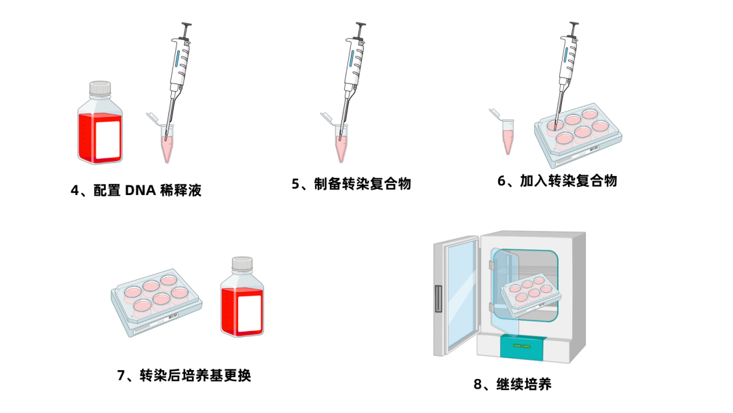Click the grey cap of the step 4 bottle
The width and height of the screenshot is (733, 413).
pos(100,88)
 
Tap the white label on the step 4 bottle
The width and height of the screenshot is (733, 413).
pos(108,139)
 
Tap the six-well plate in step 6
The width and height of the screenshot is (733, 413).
pos(578,134)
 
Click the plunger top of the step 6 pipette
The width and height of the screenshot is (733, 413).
pos(573,24)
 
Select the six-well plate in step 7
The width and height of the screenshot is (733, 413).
pos(157,302)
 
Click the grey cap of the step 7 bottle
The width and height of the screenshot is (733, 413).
pos(242,264)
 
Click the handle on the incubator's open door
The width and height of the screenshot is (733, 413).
pos(438,298)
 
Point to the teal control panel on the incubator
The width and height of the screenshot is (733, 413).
pos(522,348)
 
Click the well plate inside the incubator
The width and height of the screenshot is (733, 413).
pos(531,295)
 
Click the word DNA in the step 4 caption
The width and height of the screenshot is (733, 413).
pos(140,190)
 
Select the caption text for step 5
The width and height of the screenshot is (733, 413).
pos(352,184)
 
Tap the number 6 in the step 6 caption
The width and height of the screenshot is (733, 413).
pos(501,181)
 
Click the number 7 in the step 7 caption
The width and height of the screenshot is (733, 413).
pos(121,375)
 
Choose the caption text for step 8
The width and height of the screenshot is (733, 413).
pos(512,384)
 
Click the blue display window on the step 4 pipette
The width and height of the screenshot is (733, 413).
pos(177,58)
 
